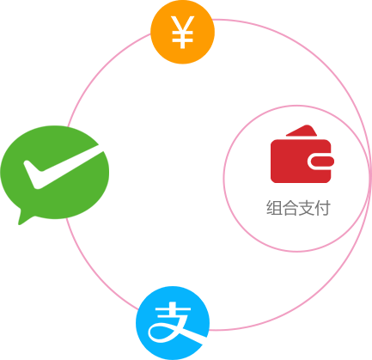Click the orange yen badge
[x=182, y=32]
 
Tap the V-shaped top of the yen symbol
[x=183, y=24]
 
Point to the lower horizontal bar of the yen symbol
[x=183, y=40]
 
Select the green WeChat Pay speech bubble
[x=55, y=174]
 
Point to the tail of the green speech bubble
[x=24, y=217]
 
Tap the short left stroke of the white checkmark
[x=32, y=174]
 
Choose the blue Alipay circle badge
[x=173, y=323]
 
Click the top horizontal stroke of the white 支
[x=173, y=310]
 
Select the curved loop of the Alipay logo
[x=161, y=333]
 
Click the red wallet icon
[x=302, y=154]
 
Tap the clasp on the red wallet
[x=320, y=162]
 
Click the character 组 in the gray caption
[x=274, y=208]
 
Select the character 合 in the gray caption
[x=290, y=208]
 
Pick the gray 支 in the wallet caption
[x=306, y=208]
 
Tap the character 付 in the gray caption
[x=322, y=208]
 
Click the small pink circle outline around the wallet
[x=223, y=179]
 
